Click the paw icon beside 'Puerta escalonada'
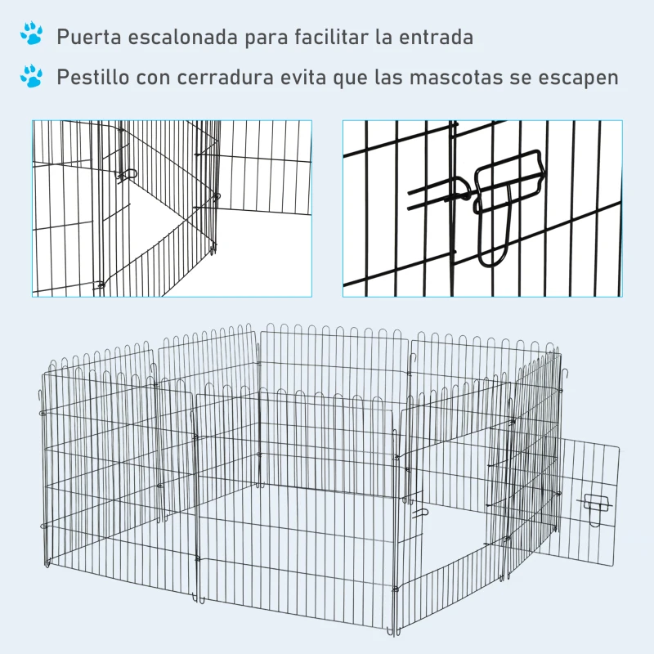(33, 34)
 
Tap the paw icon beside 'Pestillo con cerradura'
(33, 77)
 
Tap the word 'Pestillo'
(94, 78)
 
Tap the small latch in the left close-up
(127, 174)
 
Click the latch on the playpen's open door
(595, 503)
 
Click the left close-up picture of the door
(172, 208)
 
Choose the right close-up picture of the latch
(482, 208)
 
